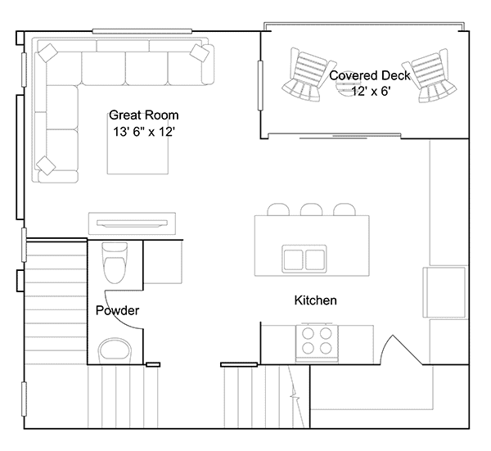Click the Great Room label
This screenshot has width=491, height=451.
pyautogui.click(x=144, y=115)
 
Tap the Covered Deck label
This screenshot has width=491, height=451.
pyautogui.click(x=370, y=75)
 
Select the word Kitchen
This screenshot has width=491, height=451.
pyautogui.click(x=315, y=300)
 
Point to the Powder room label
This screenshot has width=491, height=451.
pyautogui.click(x=117, y=310)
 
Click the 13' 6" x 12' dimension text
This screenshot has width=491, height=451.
pyautogui.click(x=144, y=132)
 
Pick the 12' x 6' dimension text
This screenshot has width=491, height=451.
pyautogui.click(x=371, y=91)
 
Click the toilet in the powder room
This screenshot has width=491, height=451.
pyautogui.click(x=115, y=263)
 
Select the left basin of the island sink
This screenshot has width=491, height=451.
pyautogui.click(x=293, y=259)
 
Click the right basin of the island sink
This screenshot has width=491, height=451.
pyautogui.click(x=315, y=259)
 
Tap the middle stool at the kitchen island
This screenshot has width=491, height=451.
pyautogui.click(x=311, y=210)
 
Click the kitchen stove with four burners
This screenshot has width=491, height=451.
pyautogui.click(x=317, y=342)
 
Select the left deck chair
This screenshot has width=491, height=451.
pyautogui.click(x=308, y=75)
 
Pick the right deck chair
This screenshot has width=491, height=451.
pyautogui.click(x=431, y=76)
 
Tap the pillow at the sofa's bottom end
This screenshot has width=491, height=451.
pyautogui.click(x=46, y=165)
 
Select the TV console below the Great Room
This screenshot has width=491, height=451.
pyautogui.click(x=132, y=223)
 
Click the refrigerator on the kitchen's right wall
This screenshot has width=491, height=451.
pyautogui.click(x=444, y=292)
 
